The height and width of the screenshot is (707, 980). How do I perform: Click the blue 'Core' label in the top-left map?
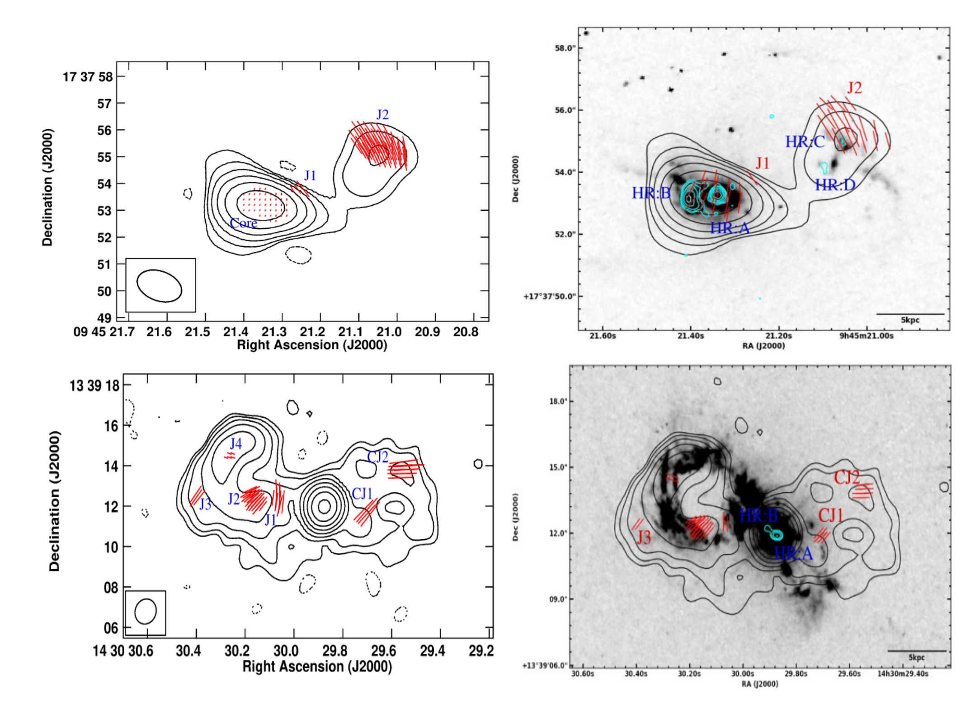[x=243, y=223]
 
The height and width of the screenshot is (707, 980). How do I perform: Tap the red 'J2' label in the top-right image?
[x=854, y=88]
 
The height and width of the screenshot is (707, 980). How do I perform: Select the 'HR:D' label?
[x=835, y=185]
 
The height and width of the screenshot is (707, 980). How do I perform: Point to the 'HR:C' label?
[x=805, y=142]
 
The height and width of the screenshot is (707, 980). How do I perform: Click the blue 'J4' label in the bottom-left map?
[x=236, y=443]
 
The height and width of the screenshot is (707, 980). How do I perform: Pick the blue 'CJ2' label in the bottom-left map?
[x=377, y=457]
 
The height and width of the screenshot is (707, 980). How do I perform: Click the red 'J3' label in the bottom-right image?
[x=643, y=537]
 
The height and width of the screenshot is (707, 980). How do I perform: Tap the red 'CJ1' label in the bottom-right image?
[x=830, y=515]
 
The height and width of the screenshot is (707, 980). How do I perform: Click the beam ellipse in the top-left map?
[x=159, y=286]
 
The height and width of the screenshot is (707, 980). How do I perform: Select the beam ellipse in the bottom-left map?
[x=145, y=612]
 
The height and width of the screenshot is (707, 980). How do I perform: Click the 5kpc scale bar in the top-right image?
[x=910, y=314]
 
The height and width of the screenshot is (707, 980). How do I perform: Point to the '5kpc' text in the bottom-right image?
[x=916, y=657]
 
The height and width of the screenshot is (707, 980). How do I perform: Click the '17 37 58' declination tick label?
[x=87, y=77]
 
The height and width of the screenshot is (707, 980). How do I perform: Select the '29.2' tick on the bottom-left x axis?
[x=481, y=650]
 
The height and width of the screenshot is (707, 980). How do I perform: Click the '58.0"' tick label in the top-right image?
[x=564, y=48]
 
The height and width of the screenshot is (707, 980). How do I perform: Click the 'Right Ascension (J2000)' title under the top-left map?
[x=312, y=345]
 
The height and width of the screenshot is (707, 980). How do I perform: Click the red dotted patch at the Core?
[x=262, y=204]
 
